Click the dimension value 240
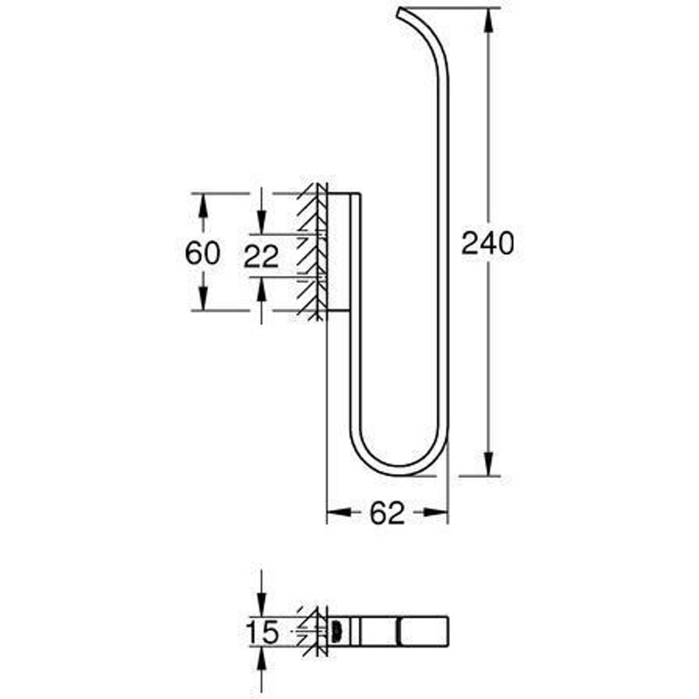coord(488,243)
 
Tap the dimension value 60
coord(203,253)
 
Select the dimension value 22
coord(261,256)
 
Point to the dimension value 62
coord(387,513)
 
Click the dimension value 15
coord(262,632)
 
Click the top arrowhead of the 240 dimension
coord(488,20)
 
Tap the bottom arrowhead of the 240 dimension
coord(488,464)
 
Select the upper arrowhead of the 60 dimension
coord(203,205)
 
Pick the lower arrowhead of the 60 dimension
coord(203,298)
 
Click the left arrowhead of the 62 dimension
coord(339,512)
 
